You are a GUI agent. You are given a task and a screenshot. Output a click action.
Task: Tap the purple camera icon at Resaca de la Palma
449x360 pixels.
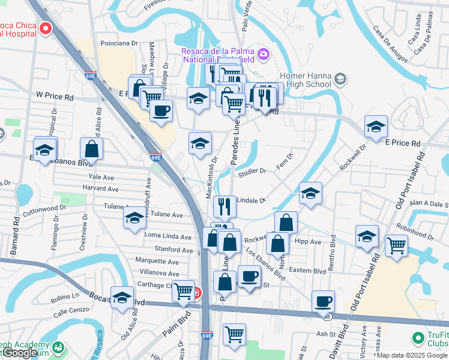[264, 55]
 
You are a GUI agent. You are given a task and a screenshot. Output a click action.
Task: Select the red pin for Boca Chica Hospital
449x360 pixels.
[46, 28]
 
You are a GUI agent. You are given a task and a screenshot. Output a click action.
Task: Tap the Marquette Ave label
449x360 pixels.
[157, 262]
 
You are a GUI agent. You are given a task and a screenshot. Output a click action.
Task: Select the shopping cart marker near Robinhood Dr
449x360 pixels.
[396, 245]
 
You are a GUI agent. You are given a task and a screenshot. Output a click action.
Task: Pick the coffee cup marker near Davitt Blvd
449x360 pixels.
[324, 301]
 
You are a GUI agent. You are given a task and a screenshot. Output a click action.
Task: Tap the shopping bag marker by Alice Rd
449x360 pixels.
[91, 148]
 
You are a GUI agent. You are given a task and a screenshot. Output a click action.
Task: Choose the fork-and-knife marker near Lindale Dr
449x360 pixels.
[224, 206]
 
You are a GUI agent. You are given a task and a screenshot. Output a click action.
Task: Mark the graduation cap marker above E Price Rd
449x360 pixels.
[376, 127]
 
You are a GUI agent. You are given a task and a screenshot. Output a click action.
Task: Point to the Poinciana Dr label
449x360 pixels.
[119, 43]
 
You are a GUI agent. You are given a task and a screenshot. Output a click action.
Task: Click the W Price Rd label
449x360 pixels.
[55, 95]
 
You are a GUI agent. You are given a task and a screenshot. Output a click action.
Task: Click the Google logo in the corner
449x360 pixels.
[19, 353]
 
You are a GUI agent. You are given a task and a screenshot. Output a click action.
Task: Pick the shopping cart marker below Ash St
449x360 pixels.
[234, 334]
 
